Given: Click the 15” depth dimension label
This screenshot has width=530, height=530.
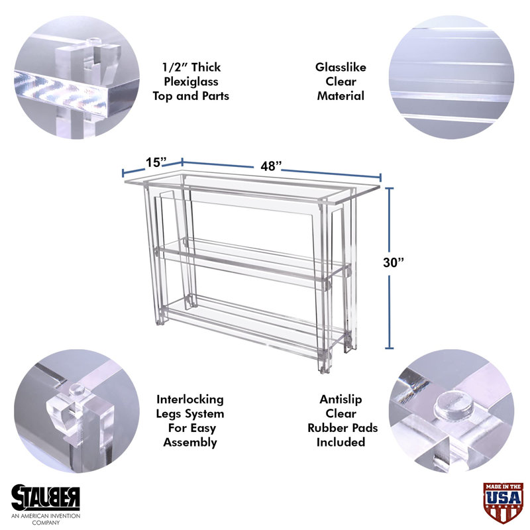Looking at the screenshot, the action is point(156,162).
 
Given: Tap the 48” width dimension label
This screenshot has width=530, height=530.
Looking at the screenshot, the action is point(271,166).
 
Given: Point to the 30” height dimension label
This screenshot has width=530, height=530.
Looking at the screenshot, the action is point(394,262).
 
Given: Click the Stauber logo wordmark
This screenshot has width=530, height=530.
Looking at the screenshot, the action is point(46,498).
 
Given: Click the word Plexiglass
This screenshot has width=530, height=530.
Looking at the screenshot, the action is point(191,81).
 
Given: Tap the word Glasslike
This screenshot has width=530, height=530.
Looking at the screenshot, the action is point(341,68).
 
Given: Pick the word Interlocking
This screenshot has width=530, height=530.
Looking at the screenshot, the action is point(190,399).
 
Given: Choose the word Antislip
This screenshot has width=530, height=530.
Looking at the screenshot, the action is point(341,399).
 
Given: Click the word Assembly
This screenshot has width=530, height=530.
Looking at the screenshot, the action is point(190,443).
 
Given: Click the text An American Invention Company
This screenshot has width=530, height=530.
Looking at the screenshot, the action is point(46,519).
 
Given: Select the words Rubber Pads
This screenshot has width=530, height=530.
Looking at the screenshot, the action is point(343,428).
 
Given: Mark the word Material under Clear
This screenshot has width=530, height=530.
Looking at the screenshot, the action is point(341,96).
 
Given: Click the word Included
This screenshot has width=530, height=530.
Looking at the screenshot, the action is point(341,442).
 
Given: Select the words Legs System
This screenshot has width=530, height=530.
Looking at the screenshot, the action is point(190,414).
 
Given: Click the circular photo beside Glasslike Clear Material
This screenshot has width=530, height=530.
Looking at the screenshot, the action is point(452,77).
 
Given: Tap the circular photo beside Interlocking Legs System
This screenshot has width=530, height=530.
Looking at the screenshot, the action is point(77,411).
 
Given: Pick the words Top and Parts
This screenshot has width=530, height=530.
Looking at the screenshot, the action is point(191,96).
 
